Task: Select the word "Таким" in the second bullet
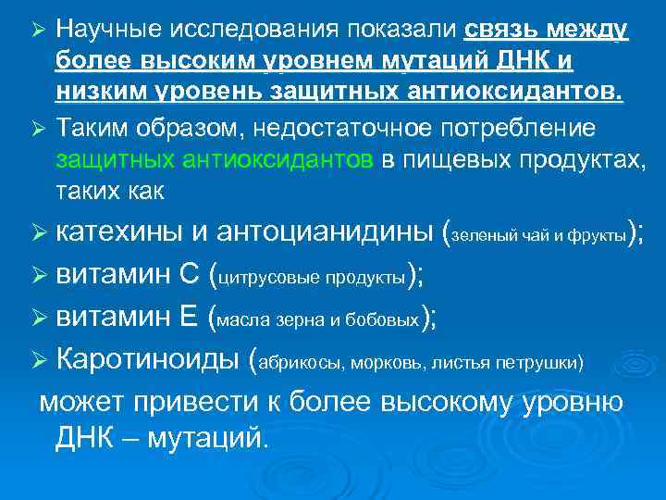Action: point(91,127)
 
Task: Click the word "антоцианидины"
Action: point(328,232)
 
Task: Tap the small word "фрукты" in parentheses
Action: point(598,236)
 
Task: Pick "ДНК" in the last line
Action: point(88,436)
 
